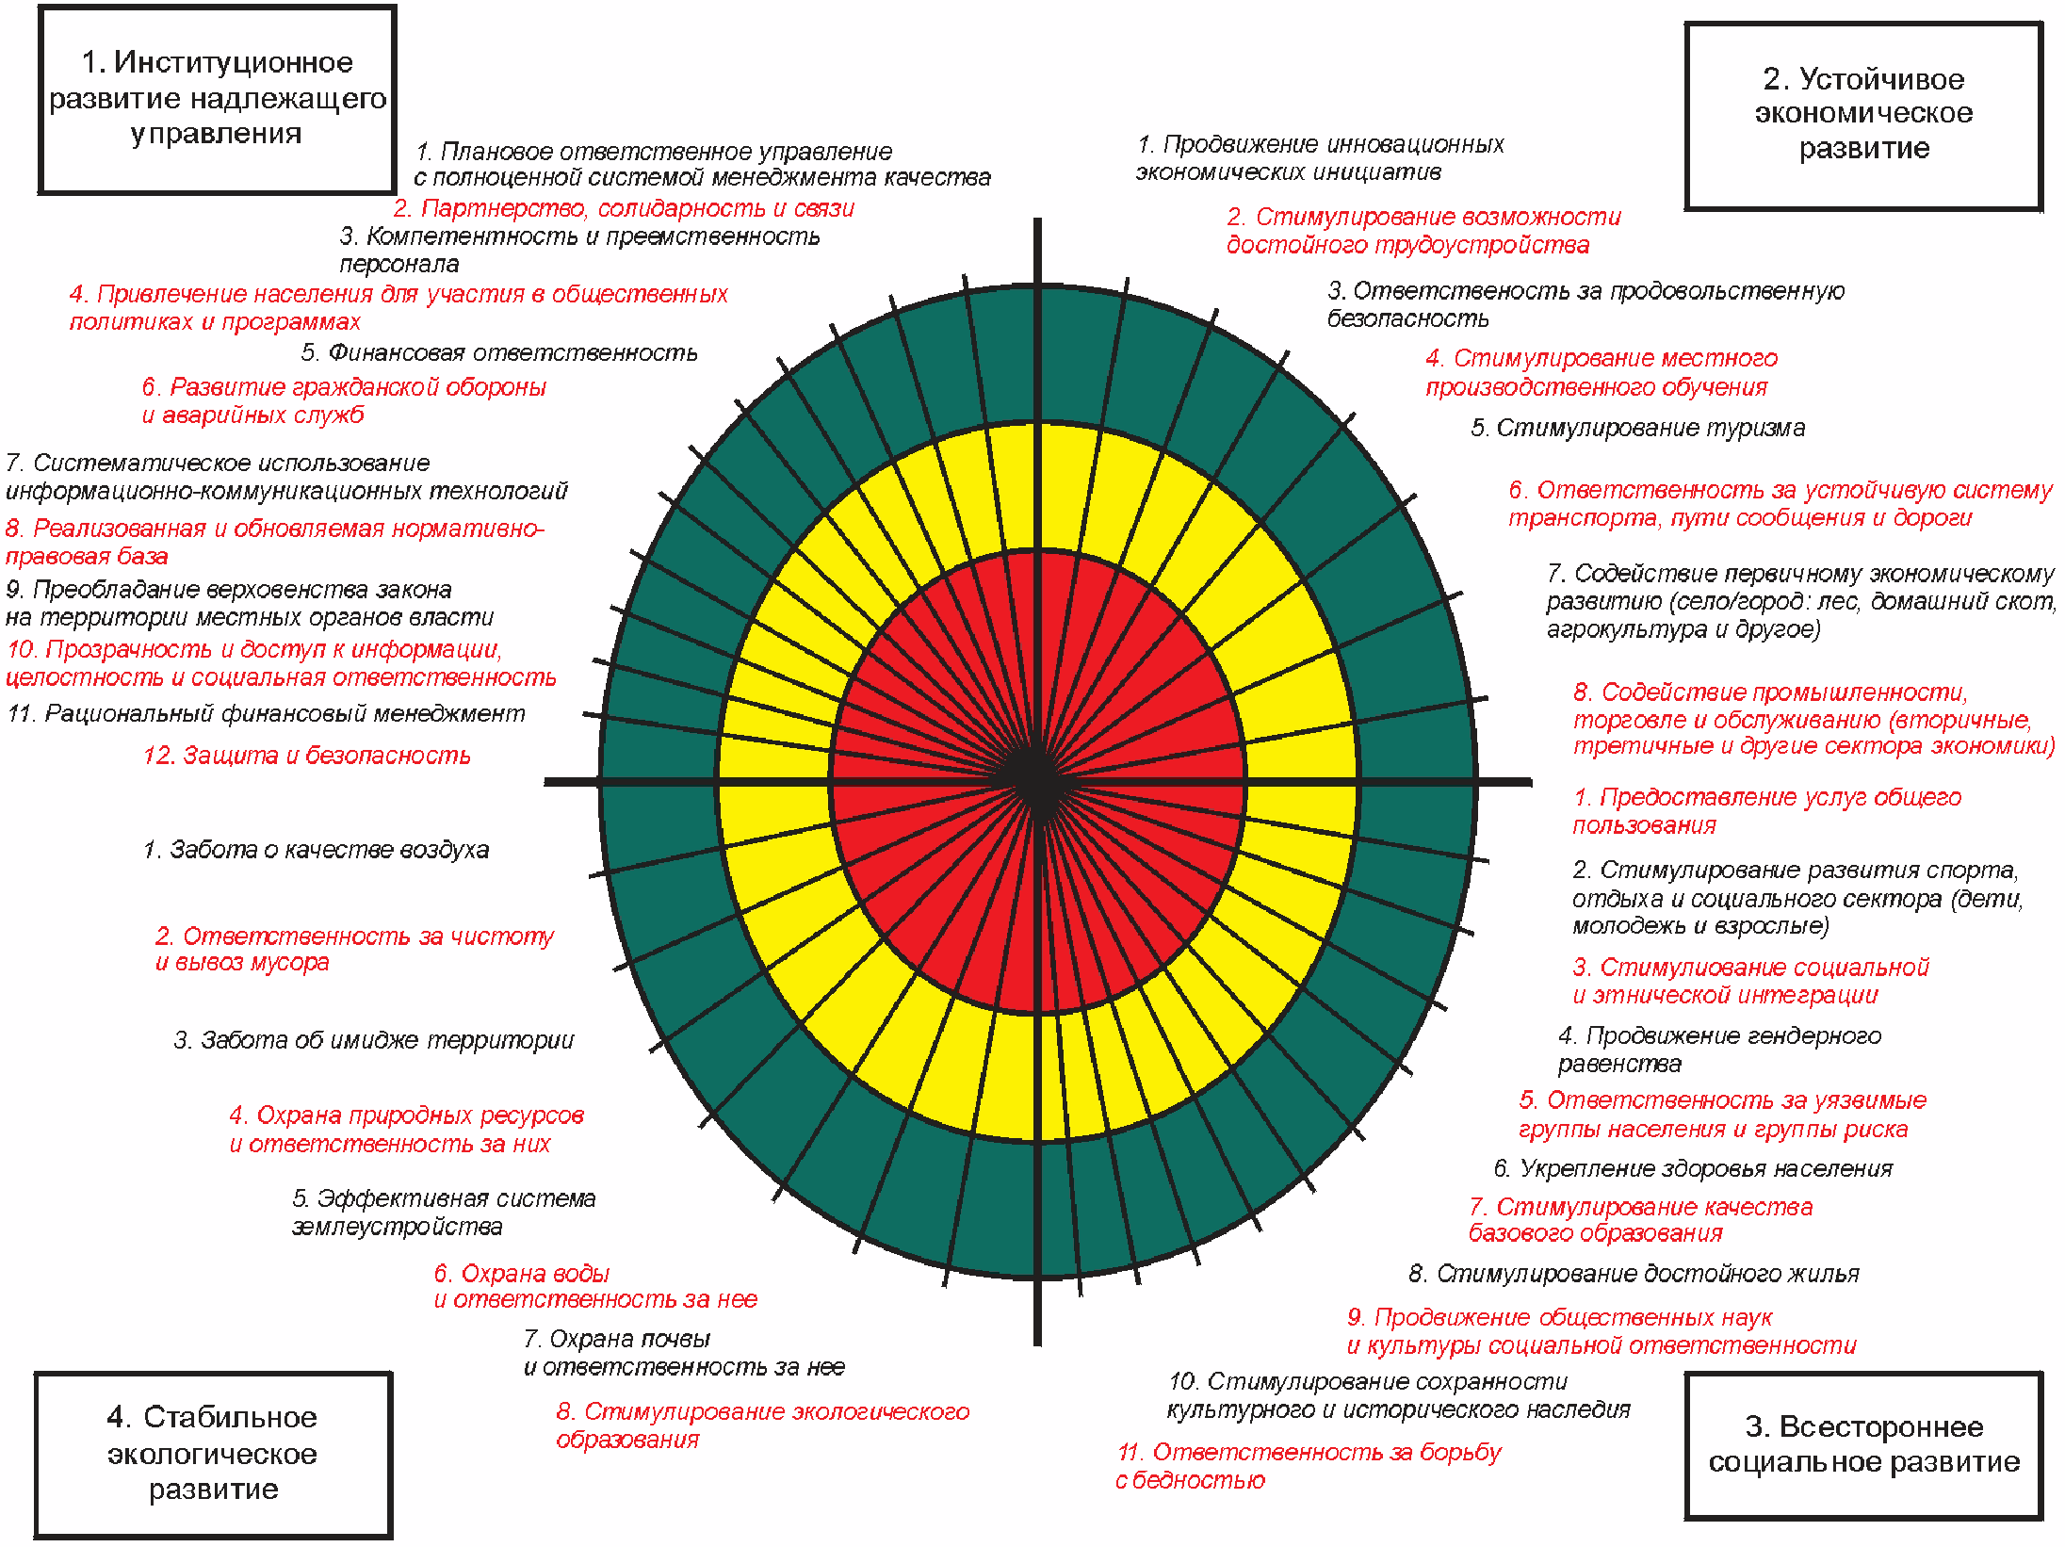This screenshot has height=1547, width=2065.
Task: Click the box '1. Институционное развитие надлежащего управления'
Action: click(217, 99)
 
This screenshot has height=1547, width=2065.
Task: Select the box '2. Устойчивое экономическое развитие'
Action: click(1862, 115)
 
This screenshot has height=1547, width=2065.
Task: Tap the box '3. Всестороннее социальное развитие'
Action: click(1862, 1444)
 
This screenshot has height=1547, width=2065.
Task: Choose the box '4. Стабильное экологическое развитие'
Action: click(213, 1454)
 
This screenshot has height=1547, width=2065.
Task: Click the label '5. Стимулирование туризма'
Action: click(1637, 429)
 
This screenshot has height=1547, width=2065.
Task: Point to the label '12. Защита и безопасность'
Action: click(306, 756)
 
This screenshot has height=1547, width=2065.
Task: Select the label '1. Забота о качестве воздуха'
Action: click(316, 850)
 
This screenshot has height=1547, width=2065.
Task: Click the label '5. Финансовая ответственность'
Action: click(499, 353)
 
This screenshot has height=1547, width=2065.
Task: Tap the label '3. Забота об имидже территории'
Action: click(373, 1040)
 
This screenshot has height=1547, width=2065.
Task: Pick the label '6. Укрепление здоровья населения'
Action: click(1693, 1169)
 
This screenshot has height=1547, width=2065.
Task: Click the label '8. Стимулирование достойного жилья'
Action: click(1634, 1275)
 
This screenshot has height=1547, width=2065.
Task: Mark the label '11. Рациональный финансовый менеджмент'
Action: click(266, 714)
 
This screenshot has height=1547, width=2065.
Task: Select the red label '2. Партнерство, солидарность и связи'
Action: click(624, 208)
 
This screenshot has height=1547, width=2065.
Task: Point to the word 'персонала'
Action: click(399, 265)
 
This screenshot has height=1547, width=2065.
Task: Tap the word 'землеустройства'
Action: click(397, 1228)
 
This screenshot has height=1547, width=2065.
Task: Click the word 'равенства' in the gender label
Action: click(1618, 1065)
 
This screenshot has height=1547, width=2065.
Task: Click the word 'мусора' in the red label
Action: click(293, 963)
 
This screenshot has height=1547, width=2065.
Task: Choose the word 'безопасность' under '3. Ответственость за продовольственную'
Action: click(1407, 319)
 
